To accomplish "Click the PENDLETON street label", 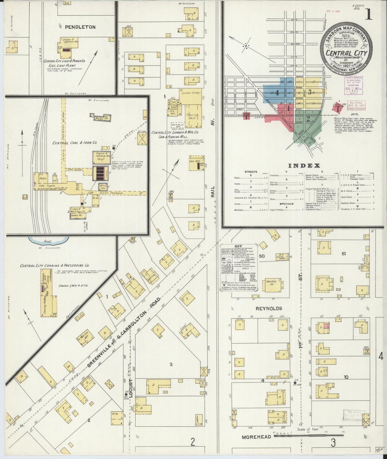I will click(x=76, y=27).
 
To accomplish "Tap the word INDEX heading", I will click(x=304, y=165).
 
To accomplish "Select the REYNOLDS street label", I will click(x=269, y=308).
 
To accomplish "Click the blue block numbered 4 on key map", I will click(x=277, y=93).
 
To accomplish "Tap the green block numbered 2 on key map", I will click(x=308, y=119).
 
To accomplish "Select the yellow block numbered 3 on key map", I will click(x=310, y=92).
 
